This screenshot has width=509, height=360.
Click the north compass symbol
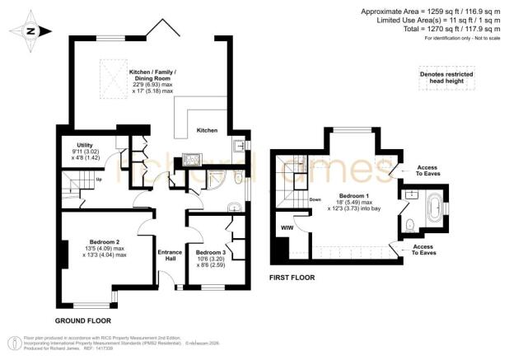tap(30, 31)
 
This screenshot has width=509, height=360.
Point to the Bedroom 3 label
tap(211, 252)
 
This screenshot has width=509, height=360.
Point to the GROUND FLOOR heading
tap(82, 320)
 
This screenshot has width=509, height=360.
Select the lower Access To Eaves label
tap(428, 248)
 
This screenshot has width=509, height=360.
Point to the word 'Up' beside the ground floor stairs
tap(100, 178)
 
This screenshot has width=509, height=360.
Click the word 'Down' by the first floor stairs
tap(315, 199)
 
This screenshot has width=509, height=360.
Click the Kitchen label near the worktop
tap(208, 131)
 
